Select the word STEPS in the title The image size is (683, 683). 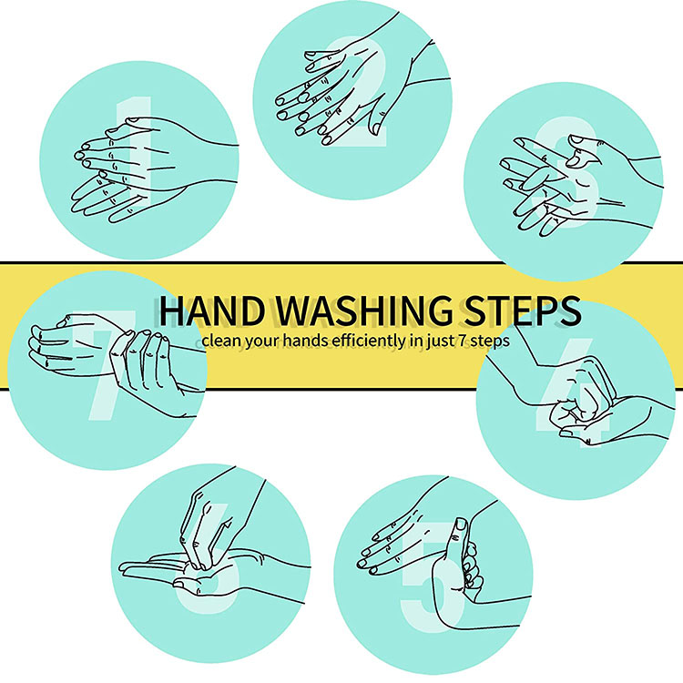(523, 311)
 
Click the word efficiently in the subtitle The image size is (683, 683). (370, 341)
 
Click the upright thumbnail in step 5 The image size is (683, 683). (460, 524)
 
